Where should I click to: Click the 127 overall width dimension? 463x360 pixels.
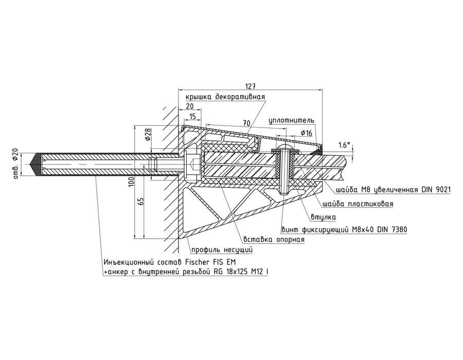click(x=251, y=86)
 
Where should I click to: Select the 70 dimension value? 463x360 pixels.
click(x=246, y=123)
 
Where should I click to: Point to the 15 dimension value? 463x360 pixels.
click(x=193, y=116)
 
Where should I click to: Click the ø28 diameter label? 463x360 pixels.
click(x=148, y=135)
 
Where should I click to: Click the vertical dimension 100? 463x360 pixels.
click(x=131, y=181)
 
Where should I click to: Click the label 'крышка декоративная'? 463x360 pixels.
click(x=225, y=97)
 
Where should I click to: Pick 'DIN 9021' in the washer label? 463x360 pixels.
click(x=436, y=189)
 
